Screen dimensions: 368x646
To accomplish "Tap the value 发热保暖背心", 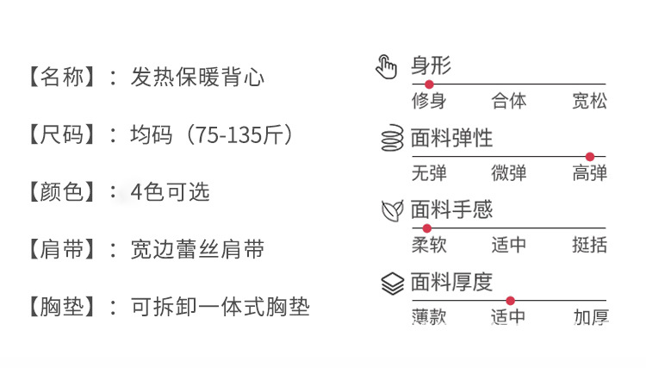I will click(197, 77).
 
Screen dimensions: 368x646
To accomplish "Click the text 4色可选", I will click(171, 191).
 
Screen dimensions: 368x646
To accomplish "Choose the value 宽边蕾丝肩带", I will click(197, 249).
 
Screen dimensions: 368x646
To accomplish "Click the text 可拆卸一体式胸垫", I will click(220, 306).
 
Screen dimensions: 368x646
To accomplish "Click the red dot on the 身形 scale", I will click(429, 84).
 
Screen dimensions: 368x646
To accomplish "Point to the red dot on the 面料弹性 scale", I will click(590, 156).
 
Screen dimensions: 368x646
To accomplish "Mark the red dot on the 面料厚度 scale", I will click(510, 300).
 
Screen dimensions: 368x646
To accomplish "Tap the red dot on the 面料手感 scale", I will click(427, 228).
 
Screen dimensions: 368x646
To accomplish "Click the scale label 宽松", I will click(590, 101).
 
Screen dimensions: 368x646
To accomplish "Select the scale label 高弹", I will click(590, 172).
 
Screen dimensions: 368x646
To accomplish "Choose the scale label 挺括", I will click(590, 245).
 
